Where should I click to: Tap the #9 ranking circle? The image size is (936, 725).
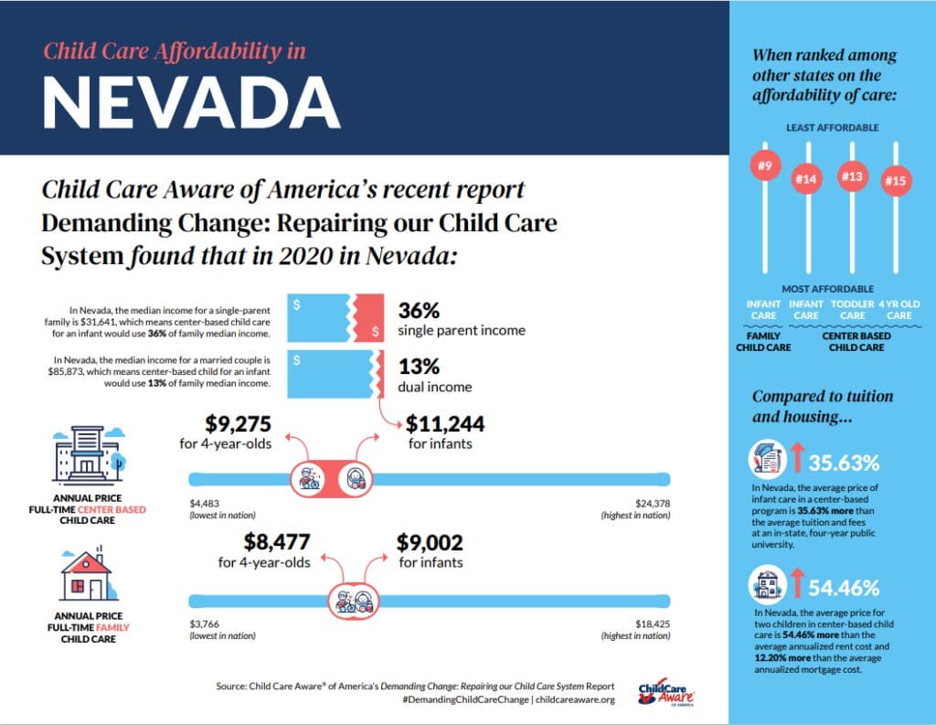(x=764, y=166)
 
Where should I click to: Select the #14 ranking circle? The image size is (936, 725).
(x=805, y=180)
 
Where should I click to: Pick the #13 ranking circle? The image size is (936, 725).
(x=852, y=176)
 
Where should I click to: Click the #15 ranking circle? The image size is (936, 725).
(x=895, y=182)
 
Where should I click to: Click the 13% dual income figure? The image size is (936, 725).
(x=420, y=367)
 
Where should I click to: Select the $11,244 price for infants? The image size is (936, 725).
(x=445, y=424)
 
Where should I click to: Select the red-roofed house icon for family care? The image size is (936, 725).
(x=85, y=573)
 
